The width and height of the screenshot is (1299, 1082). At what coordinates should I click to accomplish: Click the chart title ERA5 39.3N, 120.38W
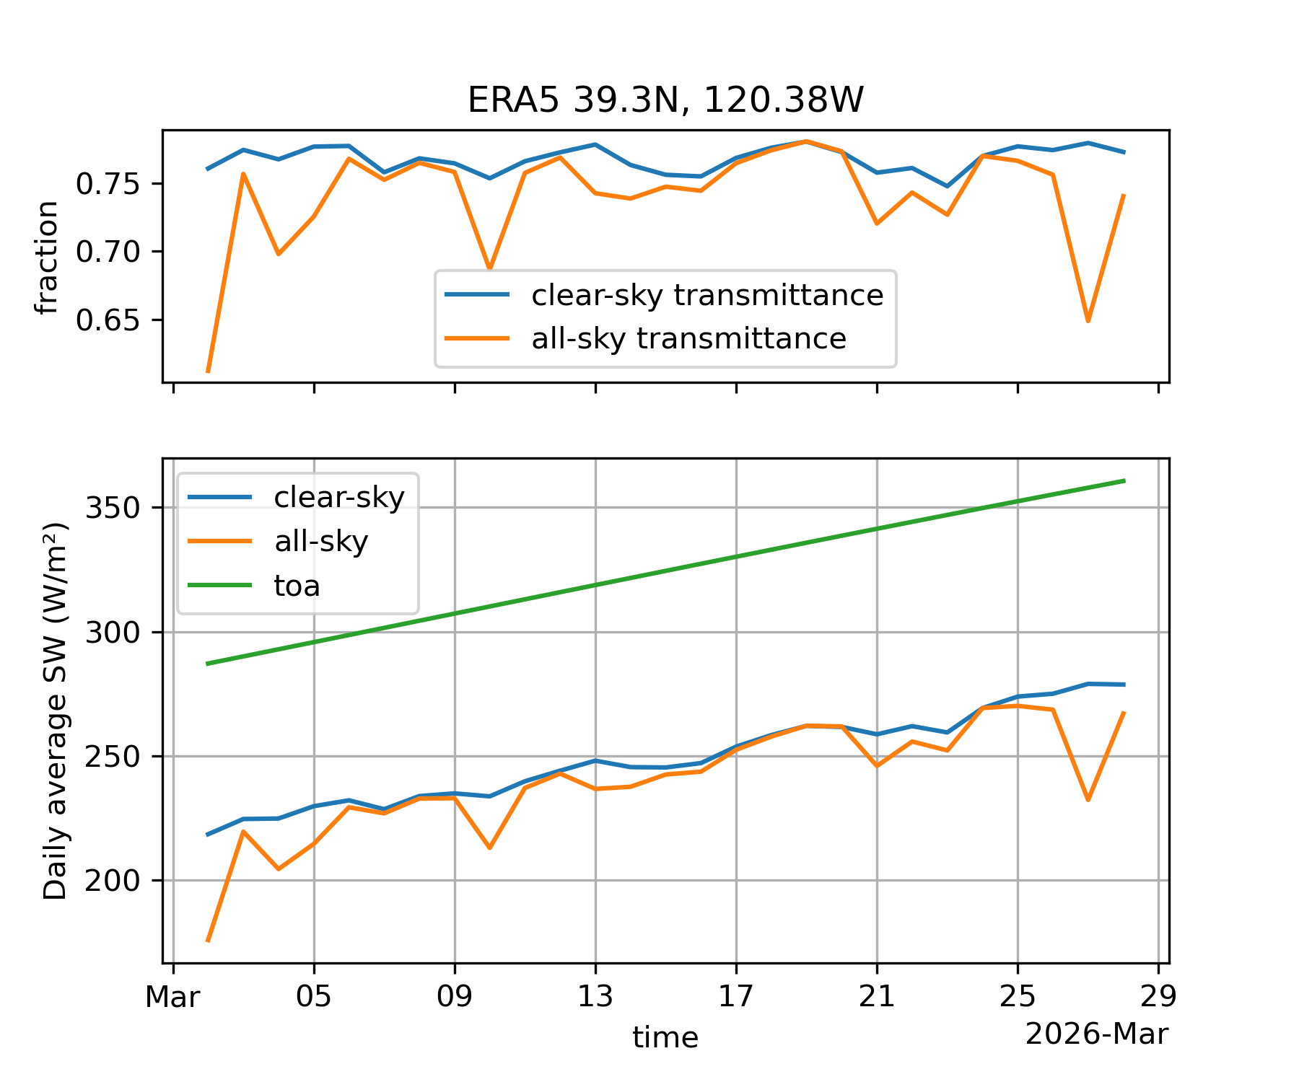665,100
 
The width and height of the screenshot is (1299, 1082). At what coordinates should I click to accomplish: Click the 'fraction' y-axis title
46,258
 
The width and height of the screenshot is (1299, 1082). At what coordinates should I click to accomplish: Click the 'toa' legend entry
297,586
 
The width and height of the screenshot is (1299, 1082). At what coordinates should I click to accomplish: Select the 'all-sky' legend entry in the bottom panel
321,541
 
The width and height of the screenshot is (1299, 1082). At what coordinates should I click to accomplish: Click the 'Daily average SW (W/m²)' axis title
56,711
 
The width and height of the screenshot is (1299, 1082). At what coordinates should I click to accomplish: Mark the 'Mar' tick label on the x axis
172,998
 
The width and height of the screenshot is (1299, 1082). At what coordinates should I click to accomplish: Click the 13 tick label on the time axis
595,998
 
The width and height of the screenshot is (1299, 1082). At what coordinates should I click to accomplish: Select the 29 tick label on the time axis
1158,998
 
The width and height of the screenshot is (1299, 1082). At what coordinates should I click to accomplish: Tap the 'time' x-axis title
665,1038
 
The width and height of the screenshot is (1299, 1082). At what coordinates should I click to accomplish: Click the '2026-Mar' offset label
1096,1034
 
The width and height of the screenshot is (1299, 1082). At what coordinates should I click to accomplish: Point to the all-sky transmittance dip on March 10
490,268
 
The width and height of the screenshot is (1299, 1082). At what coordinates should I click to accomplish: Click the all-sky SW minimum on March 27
1088,800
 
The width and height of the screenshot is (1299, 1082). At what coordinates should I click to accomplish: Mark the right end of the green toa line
1124,480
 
